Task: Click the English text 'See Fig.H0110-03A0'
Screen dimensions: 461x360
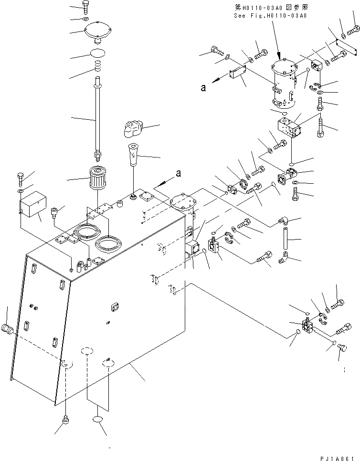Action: [270, 15]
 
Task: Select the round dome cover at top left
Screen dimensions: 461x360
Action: [98, 32]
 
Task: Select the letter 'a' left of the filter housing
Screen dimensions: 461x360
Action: [203, 87]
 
